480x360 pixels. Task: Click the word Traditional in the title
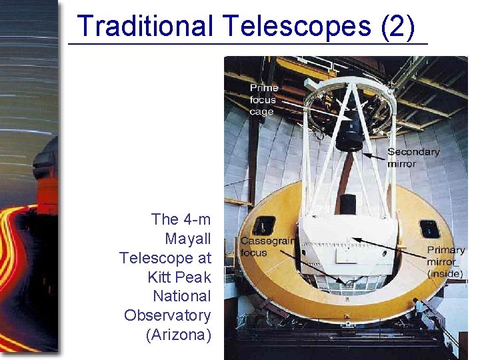(x=143, y=27)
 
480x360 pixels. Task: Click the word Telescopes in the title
(x=297, y=27)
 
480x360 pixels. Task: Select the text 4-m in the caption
(x=195, y=219)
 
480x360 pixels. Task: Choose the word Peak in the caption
(x=193, y=277)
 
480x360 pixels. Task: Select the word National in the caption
(x=181, y=296)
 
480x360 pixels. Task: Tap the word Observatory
(x=167, y=315)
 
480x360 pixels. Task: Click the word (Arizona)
(x=178, y=335)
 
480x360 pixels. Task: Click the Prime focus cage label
(x=263, y=100)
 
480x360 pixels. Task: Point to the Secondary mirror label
(x=413, y=157)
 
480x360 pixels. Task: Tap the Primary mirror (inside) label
(x=445, y=261)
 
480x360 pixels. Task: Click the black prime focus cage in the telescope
(x=349, y=133)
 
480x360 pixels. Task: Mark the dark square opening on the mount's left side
(x=265, y=226)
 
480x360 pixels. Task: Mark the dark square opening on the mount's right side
(x=429, y=229)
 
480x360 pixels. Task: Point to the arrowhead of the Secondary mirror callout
(x=365, y=155)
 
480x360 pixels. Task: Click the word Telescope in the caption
(x=165, y=257)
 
